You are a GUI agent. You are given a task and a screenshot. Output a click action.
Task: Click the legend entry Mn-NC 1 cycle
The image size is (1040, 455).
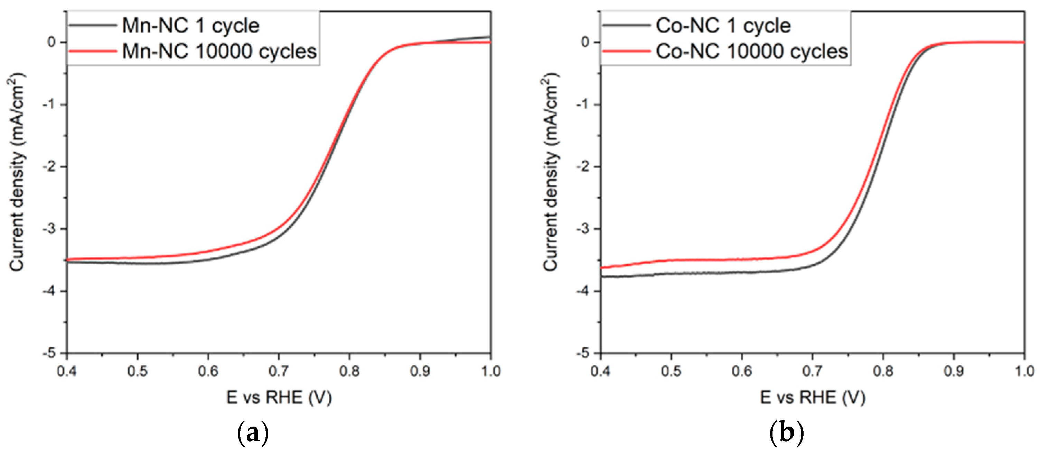[190, 26]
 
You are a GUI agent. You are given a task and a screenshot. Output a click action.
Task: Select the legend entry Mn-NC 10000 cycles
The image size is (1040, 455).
[219, 52]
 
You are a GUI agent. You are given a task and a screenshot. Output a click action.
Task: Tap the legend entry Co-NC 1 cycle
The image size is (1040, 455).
[723, 26]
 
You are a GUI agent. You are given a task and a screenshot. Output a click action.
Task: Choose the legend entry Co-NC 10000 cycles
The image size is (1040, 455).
[752, 52]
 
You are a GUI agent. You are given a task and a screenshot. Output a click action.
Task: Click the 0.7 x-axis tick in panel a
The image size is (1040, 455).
[279, 371]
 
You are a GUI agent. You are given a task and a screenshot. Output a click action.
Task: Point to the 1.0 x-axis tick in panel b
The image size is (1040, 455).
[1023, 371]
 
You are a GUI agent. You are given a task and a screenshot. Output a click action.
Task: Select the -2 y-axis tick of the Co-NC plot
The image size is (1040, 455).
[585, 166]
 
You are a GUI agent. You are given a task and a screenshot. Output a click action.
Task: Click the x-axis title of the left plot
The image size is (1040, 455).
[279, 398]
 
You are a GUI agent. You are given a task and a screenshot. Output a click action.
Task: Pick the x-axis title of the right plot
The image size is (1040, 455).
[812, 398]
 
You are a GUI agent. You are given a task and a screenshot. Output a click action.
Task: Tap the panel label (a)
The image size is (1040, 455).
[252, 433]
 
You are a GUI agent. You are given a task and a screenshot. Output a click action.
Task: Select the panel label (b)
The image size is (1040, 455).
[786, 433]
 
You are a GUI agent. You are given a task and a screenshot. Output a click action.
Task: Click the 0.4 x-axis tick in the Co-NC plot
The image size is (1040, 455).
[600, 371]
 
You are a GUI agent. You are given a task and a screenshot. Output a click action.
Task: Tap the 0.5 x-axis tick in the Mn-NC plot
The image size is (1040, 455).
[138, 371]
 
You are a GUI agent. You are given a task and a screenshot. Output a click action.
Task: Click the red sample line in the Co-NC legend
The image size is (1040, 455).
[626, 51]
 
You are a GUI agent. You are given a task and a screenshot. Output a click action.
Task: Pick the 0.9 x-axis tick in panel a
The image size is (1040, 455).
[420, 371]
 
